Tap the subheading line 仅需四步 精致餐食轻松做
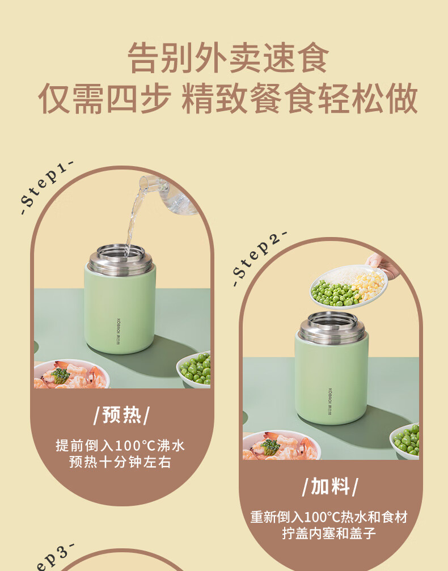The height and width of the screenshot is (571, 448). coord(228,98)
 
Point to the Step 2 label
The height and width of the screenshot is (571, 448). coord(259,258)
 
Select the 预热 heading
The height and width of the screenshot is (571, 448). coord(122,414)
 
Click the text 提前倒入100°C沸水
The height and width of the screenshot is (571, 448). coord(120,445)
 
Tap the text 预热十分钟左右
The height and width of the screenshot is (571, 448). coord(120,462)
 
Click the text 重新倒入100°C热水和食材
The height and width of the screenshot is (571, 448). coord(329,517)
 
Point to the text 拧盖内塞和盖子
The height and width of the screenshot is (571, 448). coord(329,534)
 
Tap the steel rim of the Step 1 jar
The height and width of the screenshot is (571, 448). coord(121,259)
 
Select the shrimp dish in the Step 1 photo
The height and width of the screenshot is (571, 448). coord(71,374)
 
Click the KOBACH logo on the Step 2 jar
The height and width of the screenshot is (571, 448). coord(331,400)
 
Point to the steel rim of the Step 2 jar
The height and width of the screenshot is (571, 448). coord(331,328)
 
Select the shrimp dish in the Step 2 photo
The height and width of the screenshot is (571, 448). coord(281,445)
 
